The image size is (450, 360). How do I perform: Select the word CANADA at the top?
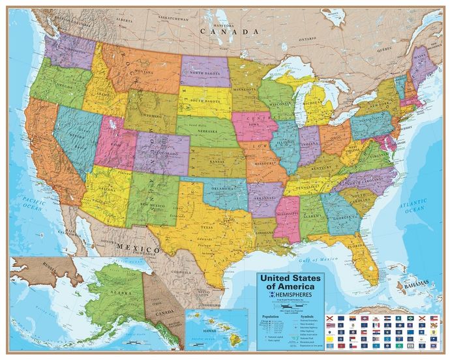point(225,31)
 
